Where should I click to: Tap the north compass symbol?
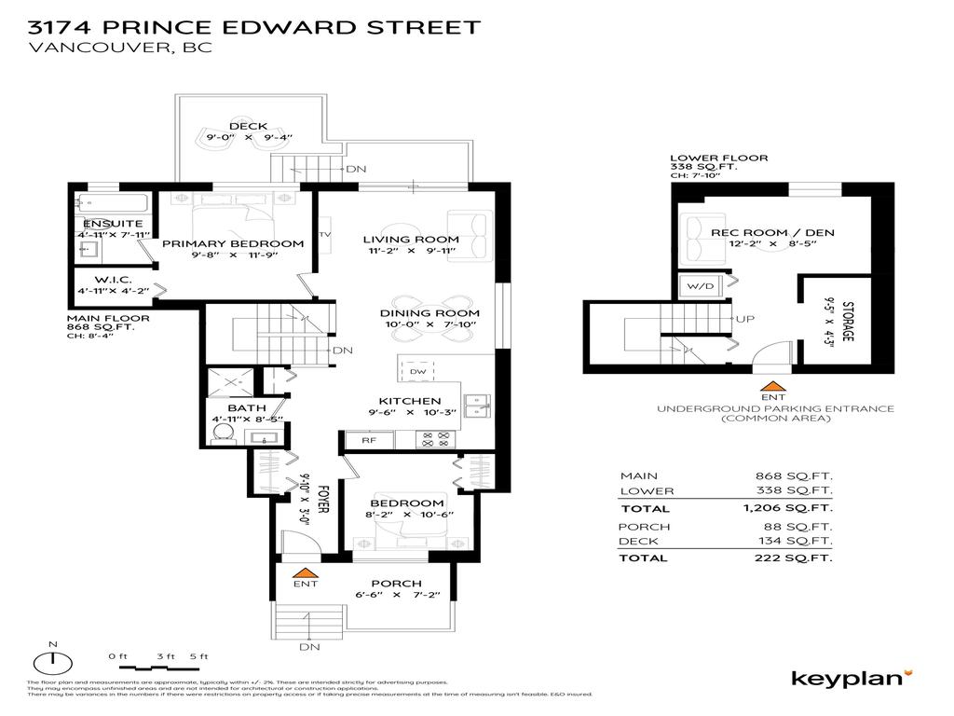click(53, 662)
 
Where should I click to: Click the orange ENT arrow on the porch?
click(305, 571)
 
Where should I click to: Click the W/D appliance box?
click(697, 286)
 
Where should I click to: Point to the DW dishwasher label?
click(416, 371)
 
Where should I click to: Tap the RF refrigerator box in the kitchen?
click(358, 439)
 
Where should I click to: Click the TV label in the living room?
click(325, 234)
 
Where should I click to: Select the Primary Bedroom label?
click(233, 244)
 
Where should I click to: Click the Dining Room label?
click(429, 313)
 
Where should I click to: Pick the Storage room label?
click(848, 321)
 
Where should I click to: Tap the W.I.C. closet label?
click(114, 280)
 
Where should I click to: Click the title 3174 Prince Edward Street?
click(254, 25)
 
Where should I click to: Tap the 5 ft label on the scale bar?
click(198, 657)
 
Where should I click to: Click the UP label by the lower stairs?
click(745, 319)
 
